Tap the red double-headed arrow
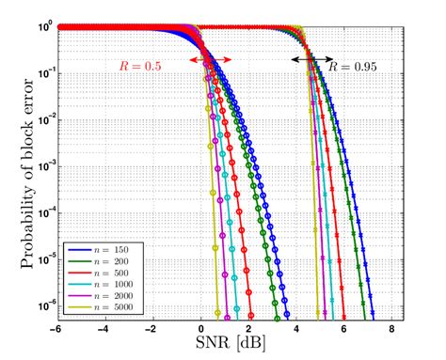(x=209, y=60)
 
